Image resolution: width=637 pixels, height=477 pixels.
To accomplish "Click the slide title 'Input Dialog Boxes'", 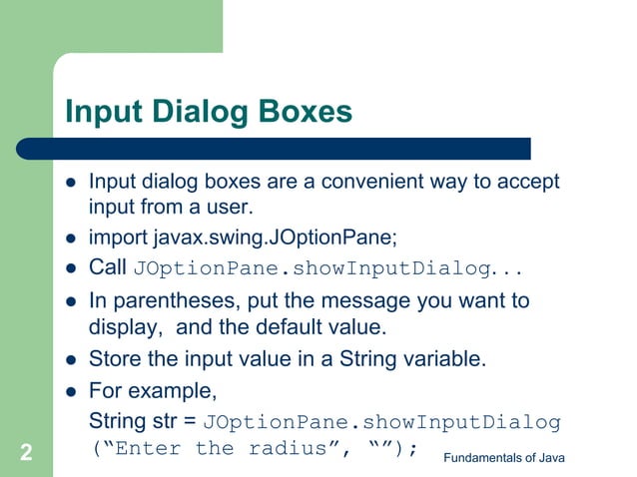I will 208,111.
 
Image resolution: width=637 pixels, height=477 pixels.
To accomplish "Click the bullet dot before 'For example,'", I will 71,389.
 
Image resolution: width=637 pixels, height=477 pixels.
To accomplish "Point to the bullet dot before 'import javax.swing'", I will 71,238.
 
